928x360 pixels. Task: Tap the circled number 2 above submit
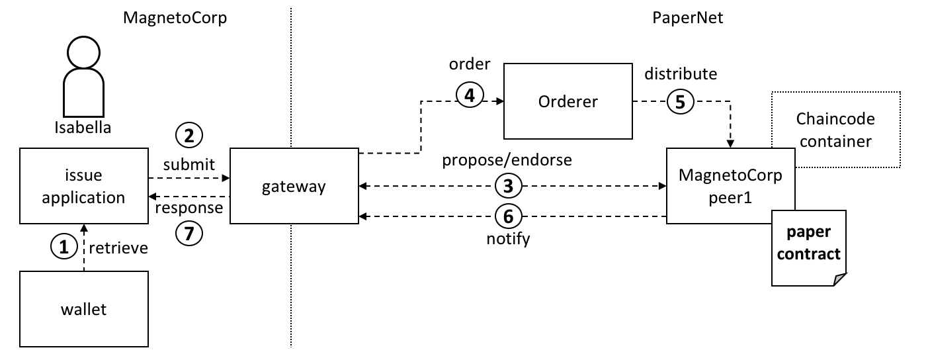click(189, 135)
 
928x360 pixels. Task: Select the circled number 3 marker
click(509, 185)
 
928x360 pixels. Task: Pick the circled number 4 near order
click(470, 95)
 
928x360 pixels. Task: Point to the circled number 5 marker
click(680, 101)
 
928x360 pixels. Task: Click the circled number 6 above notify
click(509, 216)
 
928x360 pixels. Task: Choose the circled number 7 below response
click(189, 233)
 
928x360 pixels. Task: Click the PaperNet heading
click(687, 18)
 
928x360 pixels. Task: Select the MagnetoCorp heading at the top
click(175, 19)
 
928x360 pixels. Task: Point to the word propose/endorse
click(507, 160)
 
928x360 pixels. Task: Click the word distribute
click(681, 73)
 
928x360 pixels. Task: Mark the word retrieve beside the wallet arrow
click(118, 248)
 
